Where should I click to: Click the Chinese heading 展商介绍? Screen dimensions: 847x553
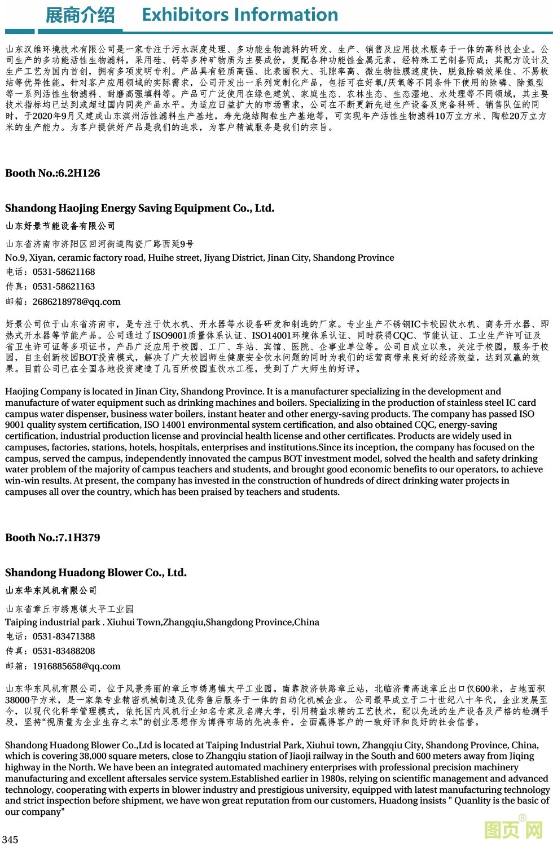coord(80,15)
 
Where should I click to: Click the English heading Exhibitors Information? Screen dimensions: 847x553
coord(240,15)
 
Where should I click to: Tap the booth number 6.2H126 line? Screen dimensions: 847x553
coord(52,173)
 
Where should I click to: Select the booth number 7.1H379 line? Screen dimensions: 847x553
coord(52,538)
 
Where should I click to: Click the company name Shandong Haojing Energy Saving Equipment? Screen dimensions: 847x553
coord(140,208)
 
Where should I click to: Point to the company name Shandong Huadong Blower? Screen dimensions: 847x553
coord(96,573)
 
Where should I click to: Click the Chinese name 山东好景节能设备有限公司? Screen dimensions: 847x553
coord(60,226)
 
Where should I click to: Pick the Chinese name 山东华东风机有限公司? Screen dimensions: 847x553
coord(51,591)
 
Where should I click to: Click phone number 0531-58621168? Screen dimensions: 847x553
coord(64,272)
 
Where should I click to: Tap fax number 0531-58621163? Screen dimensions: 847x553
coord(64,287)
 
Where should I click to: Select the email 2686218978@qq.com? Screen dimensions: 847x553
coord(76,302)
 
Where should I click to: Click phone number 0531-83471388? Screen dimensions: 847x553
coord(64,637)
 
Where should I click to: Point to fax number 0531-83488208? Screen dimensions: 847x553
coord(64,651)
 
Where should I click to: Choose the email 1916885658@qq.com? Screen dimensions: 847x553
coord(76,666)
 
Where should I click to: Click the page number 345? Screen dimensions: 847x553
coord(10,840)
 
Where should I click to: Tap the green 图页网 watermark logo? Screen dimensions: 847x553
coord(513,830)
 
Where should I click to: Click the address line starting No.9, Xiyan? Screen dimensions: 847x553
coord(200,258)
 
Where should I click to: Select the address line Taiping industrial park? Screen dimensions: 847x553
coord(162,622)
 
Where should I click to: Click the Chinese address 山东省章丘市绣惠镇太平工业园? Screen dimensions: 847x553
coord(70,609)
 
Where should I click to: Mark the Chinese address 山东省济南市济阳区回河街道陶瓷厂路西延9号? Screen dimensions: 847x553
coord(100,244)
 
